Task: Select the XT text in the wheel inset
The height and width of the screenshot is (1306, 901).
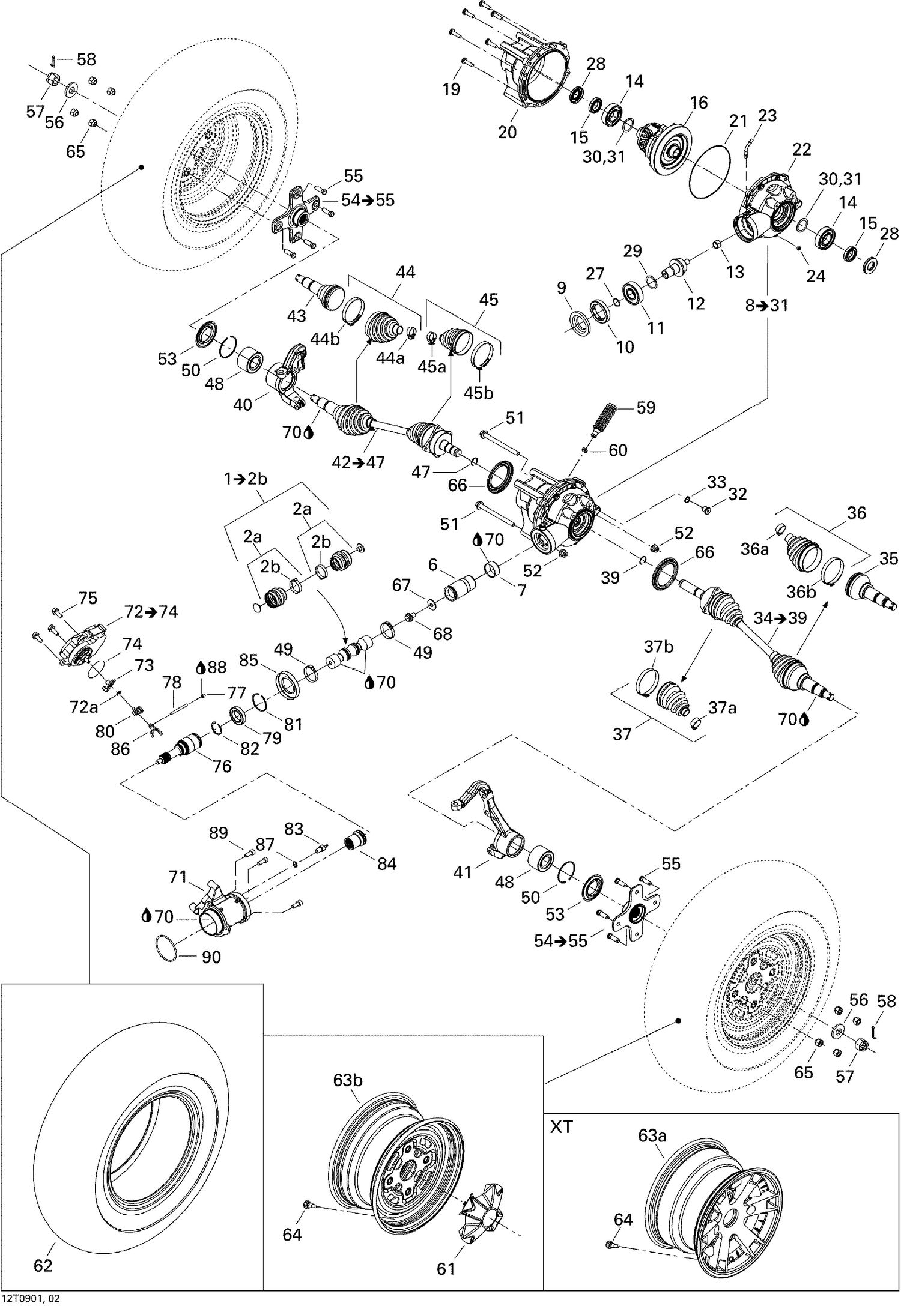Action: (x=562, y=1128)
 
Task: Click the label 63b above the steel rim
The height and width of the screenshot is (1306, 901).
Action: (x=348, y=1080)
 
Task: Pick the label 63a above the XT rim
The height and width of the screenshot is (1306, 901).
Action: (x=653, y=1135)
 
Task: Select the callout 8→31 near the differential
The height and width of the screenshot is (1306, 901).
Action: (x=766, y=305)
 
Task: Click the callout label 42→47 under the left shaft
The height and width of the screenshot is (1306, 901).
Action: (x=358, y=462)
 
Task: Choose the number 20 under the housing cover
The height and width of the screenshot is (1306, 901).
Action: (x=507, y=132)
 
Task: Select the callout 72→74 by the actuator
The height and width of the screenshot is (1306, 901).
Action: (x=151, y=612)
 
